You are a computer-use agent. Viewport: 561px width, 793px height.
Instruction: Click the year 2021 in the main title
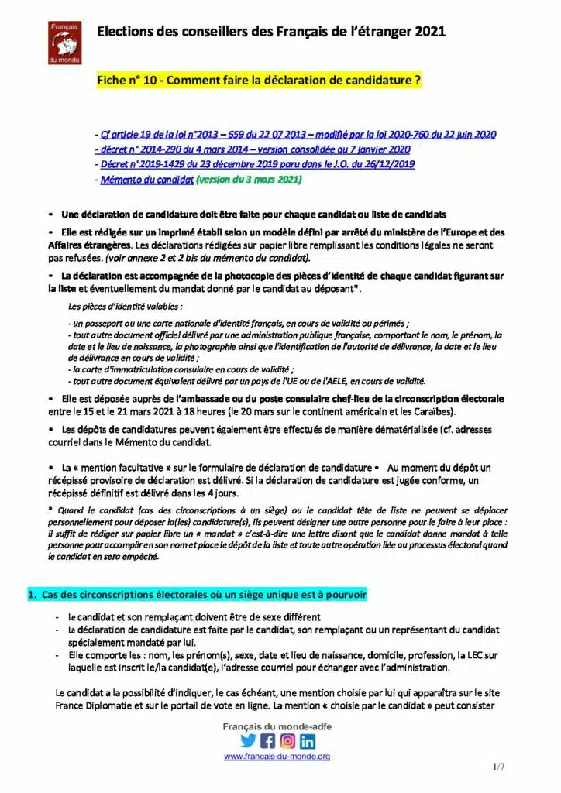430,32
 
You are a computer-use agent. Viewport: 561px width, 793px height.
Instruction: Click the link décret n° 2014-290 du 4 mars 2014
251,149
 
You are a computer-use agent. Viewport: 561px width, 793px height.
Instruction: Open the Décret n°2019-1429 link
257,164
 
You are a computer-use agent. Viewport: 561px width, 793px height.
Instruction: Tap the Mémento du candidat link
146,179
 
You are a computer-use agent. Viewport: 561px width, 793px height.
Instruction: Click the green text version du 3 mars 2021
248,179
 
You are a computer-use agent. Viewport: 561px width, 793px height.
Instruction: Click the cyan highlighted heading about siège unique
197,595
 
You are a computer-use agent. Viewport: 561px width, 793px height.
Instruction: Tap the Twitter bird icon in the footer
248,740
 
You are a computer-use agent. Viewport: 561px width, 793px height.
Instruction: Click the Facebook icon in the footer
268,740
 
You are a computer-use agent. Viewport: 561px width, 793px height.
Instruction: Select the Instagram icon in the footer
287,740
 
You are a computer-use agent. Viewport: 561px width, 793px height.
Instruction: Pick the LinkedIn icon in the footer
308,740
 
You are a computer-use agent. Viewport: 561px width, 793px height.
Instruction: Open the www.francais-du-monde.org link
277,756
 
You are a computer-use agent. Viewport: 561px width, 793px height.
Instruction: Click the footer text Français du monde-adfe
277,727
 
